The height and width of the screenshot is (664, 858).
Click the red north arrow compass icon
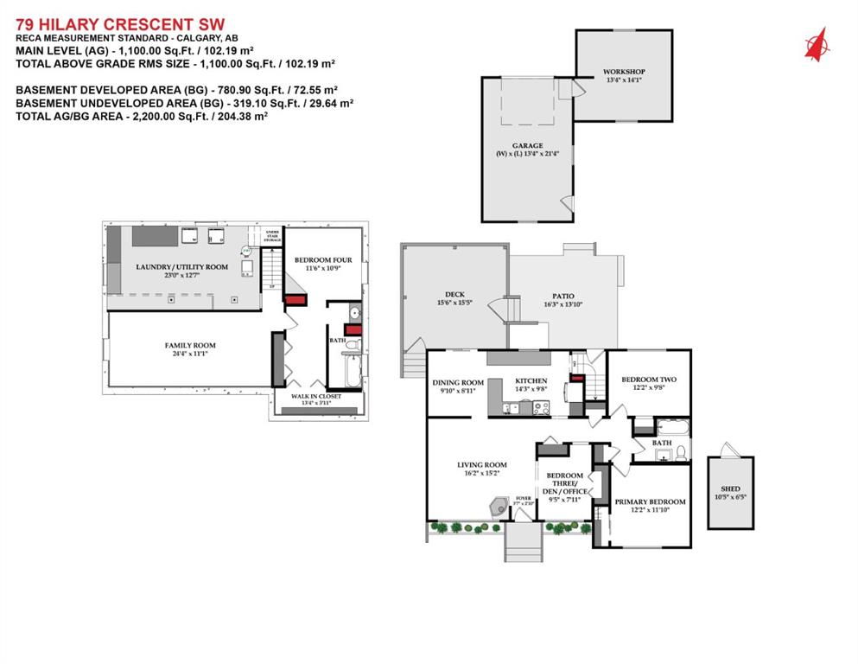816,44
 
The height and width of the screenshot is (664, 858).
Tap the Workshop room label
624,72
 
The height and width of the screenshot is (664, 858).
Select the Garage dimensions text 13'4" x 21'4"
527,154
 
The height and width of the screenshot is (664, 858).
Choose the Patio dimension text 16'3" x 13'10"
562,304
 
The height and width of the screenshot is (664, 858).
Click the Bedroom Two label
649,380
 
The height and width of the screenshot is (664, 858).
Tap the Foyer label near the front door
523,498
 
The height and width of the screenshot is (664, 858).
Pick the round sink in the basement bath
355,314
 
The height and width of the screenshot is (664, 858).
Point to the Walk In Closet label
316,396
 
